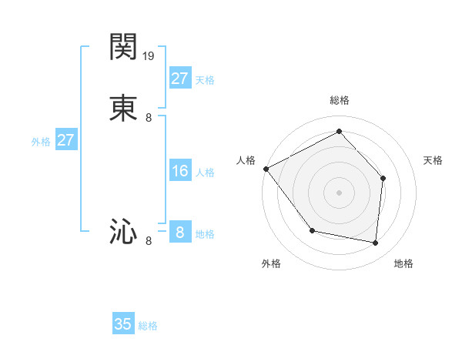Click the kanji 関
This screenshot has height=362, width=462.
point(123,48)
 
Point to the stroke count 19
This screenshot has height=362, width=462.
point(149,56)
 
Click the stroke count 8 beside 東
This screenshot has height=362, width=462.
point(149,118)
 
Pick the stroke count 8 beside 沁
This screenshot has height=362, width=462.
point(149,240)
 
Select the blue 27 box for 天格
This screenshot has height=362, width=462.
point(179,79)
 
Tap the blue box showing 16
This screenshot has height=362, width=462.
point(179,171)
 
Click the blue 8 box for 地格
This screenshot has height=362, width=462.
point(179,232)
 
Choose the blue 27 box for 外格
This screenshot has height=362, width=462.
point(65,140)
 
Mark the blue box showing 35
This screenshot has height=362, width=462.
point(123,324)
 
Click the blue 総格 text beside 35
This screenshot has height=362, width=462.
point(148,326)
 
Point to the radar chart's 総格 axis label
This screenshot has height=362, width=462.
point(339,100)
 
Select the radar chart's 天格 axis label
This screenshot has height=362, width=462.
point(433,160)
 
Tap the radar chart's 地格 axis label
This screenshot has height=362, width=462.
point(403,263)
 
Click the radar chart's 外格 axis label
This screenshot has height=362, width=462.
point(271,263)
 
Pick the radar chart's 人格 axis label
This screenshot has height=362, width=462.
point(246,160)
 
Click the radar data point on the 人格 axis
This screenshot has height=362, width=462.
point(266,169)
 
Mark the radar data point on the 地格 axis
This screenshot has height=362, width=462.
point(375,243)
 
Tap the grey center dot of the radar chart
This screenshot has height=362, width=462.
point(339,192)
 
